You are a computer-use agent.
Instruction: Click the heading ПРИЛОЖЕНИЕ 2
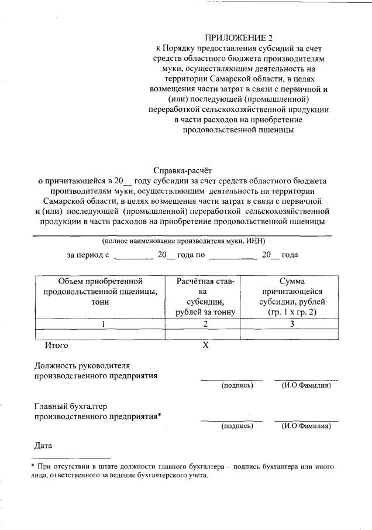239,38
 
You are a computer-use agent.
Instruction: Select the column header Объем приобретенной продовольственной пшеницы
100,292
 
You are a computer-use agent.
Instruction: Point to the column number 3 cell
292,323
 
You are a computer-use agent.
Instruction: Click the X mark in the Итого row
205,346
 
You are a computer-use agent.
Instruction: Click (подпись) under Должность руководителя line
237,385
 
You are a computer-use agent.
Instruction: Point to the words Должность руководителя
81,365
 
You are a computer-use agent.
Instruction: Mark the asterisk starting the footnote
34,467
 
